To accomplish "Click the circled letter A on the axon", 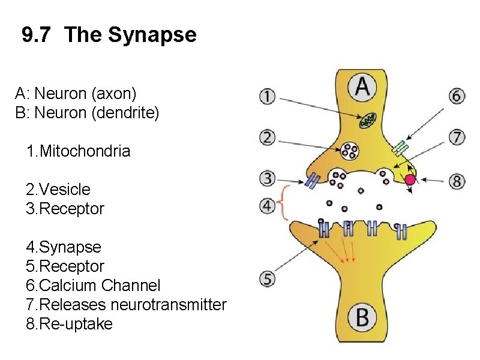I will pos(363,88).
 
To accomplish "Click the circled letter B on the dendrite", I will pos(362,317).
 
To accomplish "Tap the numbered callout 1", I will pos(268,96).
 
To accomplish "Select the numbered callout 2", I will pos(268,137).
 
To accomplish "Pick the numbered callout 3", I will pos(268,178).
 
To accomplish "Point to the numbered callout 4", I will pos(268,206).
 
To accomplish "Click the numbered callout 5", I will pos(268,278).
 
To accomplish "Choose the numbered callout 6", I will pos(457,96).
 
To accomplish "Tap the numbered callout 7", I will pos(457,137).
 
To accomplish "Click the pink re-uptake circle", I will pos(410,179).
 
